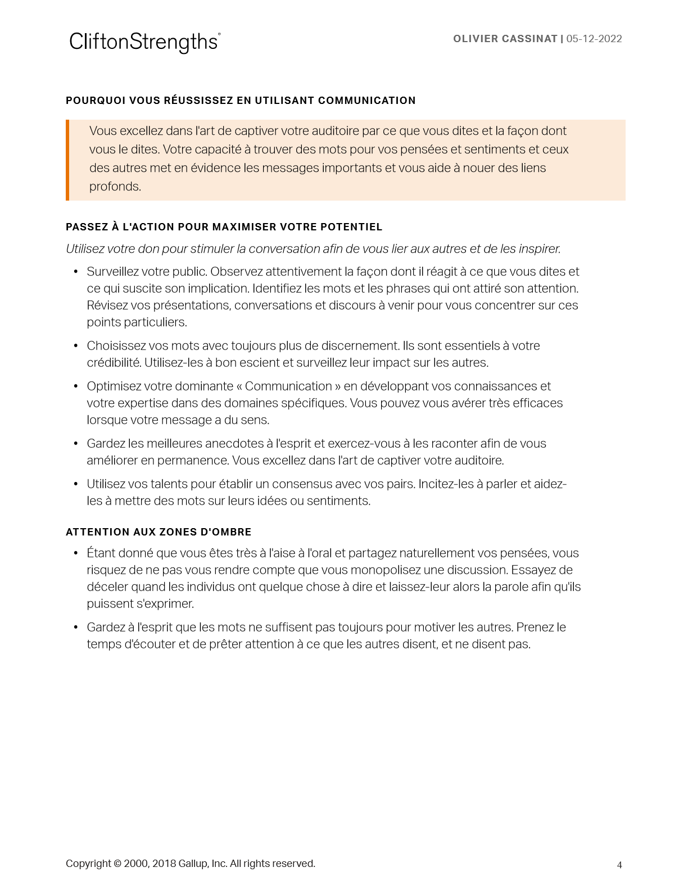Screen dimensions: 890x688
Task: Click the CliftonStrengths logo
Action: [144, 42]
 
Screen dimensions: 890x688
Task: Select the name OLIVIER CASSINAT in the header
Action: [505, 39]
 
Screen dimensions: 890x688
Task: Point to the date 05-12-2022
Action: [594, 39]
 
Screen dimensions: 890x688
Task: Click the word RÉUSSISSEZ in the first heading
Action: [197, 101]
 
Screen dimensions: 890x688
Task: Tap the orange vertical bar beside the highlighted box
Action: [67, 160]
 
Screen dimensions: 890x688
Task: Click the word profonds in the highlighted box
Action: [115, 187]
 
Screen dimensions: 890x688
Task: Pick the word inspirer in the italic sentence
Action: [538, 249]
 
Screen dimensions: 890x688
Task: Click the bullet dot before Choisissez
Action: [76, 346]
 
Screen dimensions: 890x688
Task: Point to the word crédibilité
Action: [114, 363]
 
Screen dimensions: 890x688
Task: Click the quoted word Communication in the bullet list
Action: [288, 387]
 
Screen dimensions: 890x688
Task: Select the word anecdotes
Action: [234, 444]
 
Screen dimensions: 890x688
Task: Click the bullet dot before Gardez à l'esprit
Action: [76, 628]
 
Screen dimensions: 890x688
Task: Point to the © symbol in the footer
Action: [117, 864]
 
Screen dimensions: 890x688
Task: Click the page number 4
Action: [619, 865]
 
